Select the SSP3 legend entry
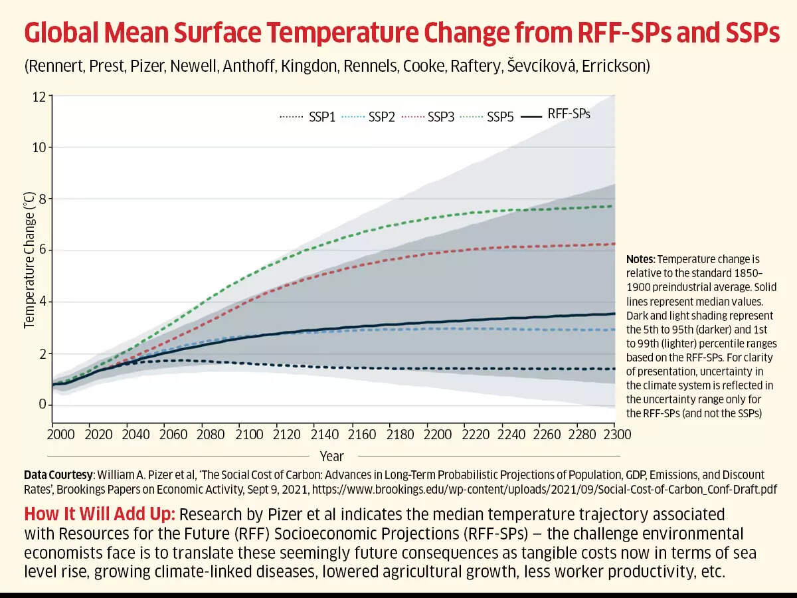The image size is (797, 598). (428, 117)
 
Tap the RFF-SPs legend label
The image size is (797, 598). (569, 114)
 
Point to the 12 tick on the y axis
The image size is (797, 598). (39, 97)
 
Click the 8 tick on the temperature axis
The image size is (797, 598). (43, 199)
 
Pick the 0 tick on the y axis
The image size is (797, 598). (43, 404)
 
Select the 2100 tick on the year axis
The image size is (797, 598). (249, 435)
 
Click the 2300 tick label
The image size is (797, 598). (617, 435)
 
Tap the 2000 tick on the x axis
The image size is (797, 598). (60, 435)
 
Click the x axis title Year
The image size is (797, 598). (332, 456)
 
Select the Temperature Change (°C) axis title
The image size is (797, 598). (29, 260)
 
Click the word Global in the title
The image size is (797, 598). (61, 33)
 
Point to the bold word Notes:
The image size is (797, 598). (640, 259)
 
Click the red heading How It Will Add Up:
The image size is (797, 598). (100, 514)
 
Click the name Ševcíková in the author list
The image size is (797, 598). (541, 66)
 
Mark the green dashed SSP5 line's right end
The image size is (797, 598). (614, 206)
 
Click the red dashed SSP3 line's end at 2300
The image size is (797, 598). (614, 244)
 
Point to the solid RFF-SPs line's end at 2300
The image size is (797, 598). (614, 314)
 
